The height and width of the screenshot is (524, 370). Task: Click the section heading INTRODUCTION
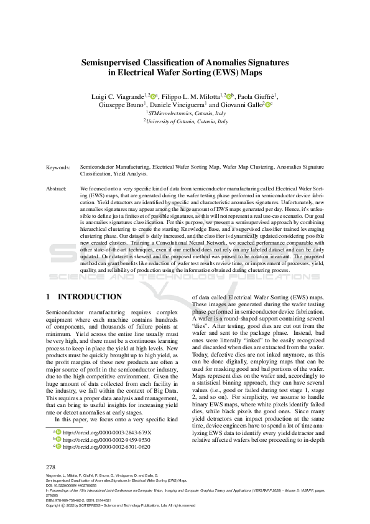pos(90,297)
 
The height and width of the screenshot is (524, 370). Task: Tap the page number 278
pos(52,467)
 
